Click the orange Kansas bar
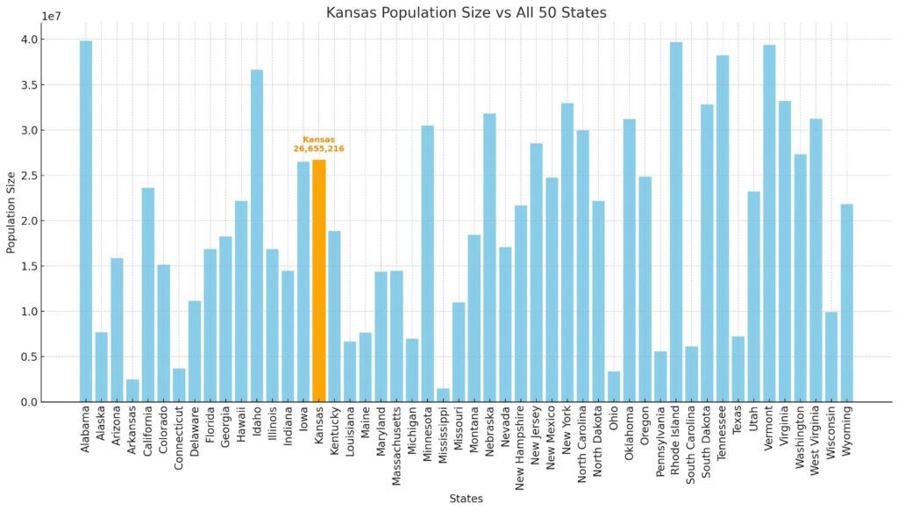point(319,281)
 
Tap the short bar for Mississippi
point(443,395)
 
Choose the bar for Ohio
point(614,386)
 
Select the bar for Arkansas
point(132,391)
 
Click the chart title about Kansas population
point(466,12)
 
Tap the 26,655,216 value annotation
point(318,149)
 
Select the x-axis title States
point(466,499)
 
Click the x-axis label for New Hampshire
point(521,443)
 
